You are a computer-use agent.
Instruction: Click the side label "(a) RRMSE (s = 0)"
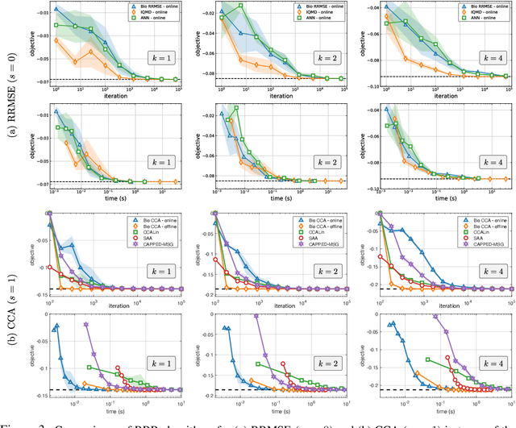9,103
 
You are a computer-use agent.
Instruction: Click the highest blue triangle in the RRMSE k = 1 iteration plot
56,12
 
